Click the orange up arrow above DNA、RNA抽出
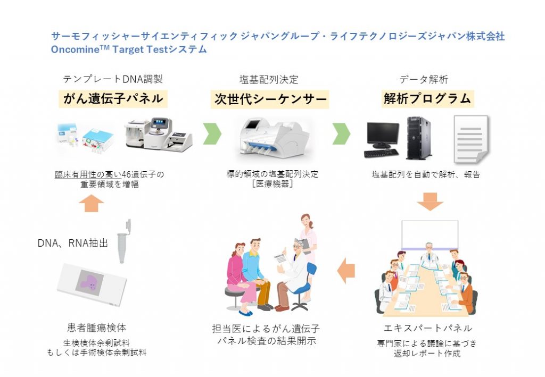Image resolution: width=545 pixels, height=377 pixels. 94,203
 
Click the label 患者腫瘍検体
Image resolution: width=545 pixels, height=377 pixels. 96,328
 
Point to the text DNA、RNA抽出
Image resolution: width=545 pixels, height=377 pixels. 73,244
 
